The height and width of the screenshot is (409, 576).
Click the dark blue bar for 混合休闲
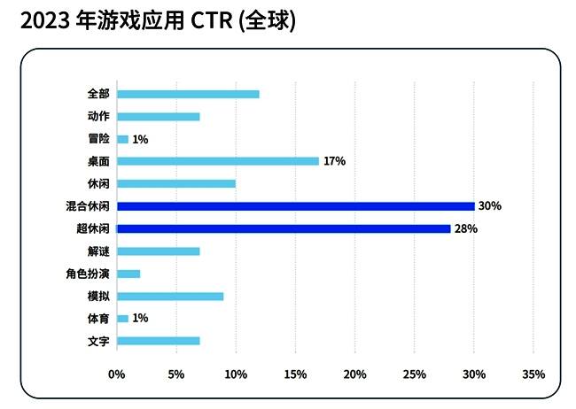tap(295, 206)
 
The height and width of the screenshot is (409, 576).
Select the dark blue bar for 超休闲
tap(284, 228)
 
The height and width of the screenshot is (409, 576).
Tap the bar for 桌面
tap(217, 161)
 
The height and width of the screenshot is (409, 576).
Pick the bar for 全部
tap(188, 94)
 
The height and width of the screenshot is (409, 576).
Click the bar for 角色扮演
tap(128, 274)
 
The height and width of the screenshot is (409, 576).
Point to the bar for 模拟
tap(170, 297)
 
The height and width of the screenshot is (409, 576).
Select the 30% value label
tap(490, 206)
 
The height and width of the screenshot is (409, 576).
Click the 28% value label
tap(466, 228)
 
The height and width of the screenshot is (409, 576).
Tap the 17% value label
tap(334, 161)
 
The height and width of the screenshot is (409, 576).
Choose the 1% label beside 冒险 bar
tap(140, 139)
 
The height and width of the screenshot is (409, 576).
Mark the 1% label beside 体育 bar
tap(140, 319)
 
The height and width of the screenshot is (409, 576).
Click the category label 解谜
tap(98, 251)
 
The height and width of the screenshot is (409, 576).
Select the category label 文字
tap(98, 341)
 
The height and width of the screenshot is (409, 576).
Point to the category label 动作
tap(98, 116)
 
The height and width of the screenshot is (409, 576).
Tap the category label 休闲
tap(98, 184)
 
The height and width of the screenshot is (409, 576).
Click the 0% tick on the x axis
tap(117, 374)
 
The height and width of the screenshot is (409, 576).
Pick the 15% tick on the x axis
tap(295, 374)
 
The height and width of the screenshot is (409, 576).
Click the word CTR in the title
tap(207, 20)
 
